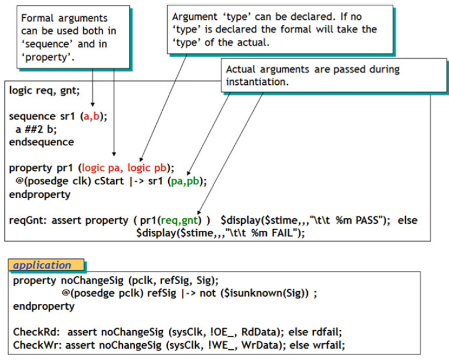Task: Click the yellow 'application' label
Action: (43, 265)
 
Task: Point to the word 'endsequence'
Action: (41, 142)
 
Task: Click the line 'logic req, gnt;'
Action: (44, 90)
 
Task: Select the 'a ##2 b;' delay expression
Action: (35, 129)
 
